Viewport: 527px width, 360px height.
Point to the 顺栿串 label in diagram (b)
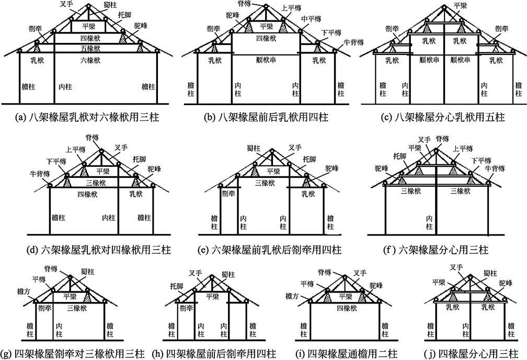(x=266, y=61)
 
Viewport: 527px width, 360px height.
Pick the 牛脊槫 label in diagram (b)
(x=346, y=41)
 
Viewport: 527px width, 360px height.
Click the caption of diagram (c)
(x=444, y=118)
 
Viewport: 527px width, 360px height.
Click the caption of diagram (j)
(x=468, y=353)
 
